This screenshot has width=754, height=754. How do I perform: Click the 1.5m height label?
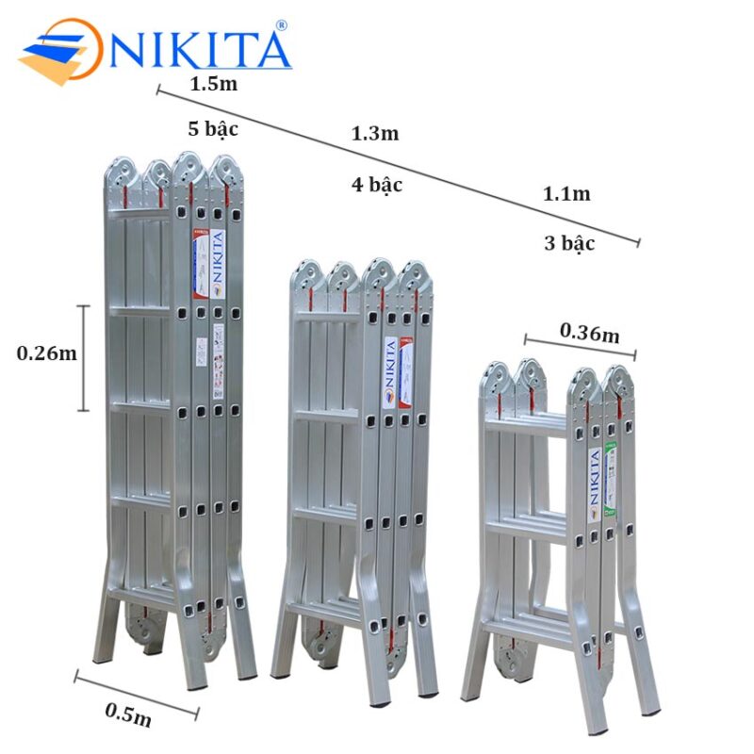coord(213,83)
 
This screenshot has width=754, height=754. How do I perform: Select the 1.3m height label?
coord(375,134)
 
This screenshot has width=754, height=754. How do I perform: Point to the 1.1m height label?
coord(566,194)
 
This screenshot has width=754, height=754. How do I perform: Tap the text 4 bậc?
coord(377,185)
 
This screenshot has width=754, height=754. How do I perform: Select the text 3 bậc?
coord(569,243)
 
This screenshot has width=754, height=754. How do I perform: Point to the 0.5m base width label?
coord(128,720)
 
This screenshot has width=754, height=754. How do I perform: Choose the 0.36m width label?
coord(590,332)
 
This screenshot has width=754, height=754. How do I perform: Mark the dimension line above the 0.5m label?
coord(137,695)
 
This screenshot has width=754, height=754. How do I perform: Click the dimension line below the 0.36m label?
coord(581,348)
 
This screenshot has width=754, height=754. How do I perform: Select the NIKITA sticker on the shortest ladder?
coord(594,483)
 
